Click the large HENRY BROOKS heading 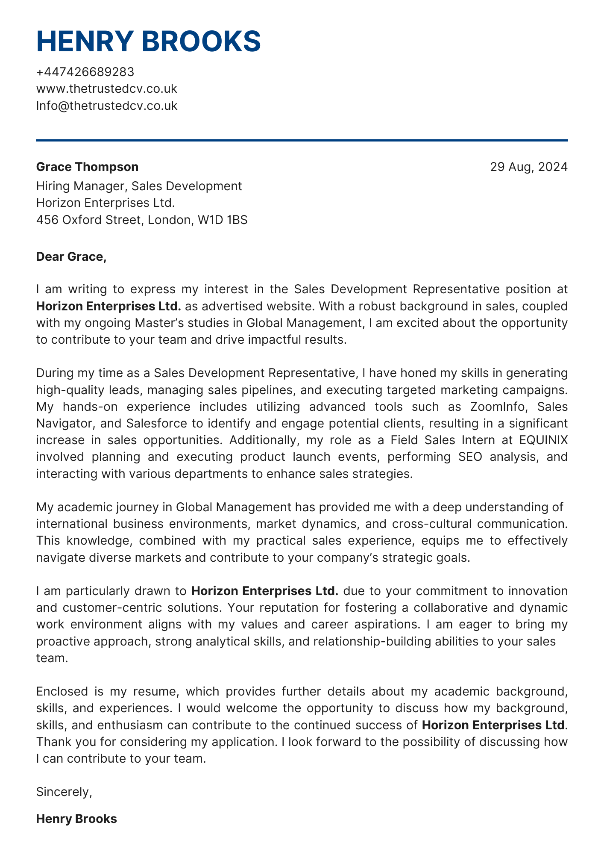pyautogui.click(x=148, y=41)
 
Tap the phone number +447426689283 pyautogui.click(x=85, y=72)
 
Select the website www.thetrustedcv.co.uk pyautogui.click(x=106, y=89)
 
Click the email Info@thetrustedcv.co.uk pyautogui.click(x=106, y=106)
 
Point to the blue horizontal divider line pyautogui.click(x=302, y=140)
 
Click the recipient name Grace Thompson pyautogui.click(x=87, y=167)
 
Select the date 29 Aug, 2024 pyautogui.click(x=528, y=167)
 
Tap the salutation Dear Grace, pyautogui.click(x=70, y=256)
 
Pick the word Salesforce pyautogui.click(x=156, y=423)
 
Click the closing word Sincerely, pyautogui.click(x=64, y=792)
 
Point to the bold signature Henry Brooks pyautogui.click(x=76, y=819)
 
